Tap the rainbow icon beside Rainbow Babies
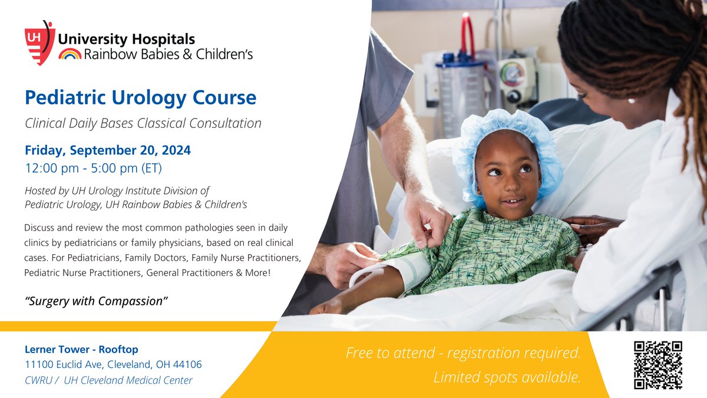click(x=70, y=54)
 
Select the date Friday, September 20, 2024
click(x=108, y=150)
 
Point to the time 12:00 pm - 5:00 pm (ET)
click(x=93, y=168)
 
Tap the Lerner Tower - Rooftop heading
click(x=81, y=349)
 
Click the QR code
click(x=658, y=365)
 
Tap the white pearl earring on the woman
click(x=632, y=101)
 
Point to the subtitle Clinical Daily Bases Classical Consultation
click(x=143, y=124)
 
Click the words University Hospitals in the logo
click(x=125, y=40)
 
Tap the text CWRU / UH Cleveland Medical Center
click(x=108, y=380)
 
